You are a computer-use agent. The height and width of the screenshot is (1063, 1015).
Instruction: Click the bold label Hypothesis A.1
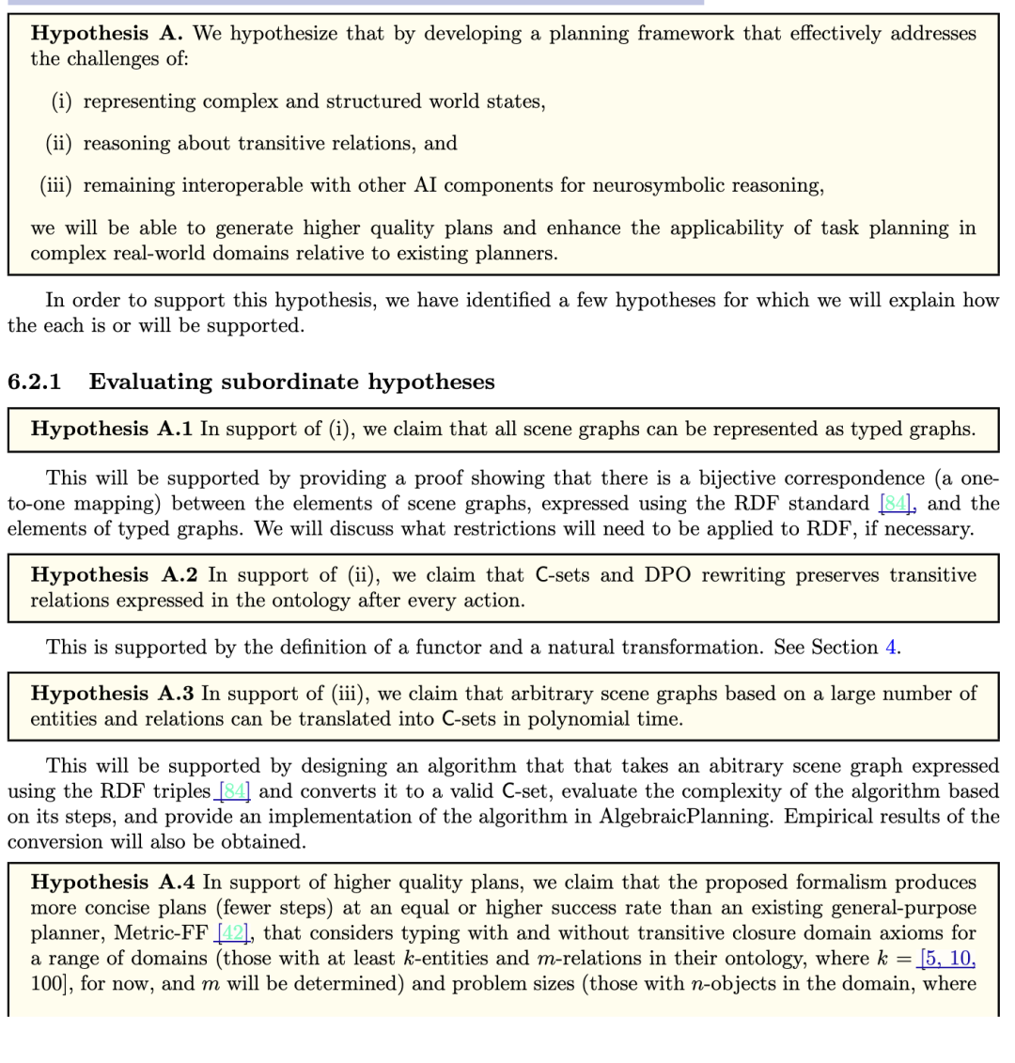pyautogui.click(x=112, y=430)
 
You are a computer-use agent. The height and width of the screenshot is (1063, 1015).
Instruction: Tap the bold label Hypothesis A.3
pyautogui.click(x=112, y=694)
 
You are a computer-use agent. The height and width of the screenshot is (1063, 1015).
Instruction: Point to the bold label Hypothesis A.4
pyautogui.click(x=112, y=883)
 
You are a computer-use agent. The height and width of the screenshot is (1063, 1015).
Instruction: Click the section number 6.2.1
pyautogui.click(x=34, y=382)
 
